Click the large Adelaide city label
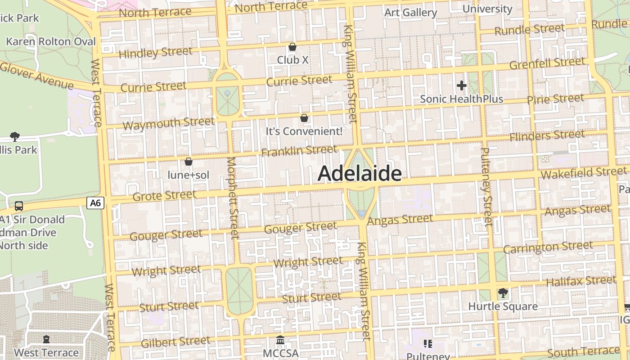[359, 174]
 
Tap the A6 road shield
[95, 203]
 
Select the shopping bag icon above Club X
[292, 47]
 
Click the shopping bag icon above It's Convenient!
[304, 118]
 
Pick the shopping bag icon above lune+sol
[189, 162]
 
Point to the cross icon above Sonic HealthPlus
[461, 85]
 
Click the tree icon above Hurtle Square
[503, 293]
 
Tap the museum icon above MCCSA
[280, 340]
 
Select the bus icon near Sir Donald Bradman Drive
[19, 206]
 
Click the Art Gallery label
[410, 13]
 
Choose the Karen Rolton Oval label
[51, 42]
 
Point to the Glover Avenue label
[37, 76]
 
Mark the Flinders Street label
[547, 135]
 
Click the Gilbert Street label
[175, 342]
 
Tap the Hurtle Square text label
[503, 306]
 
